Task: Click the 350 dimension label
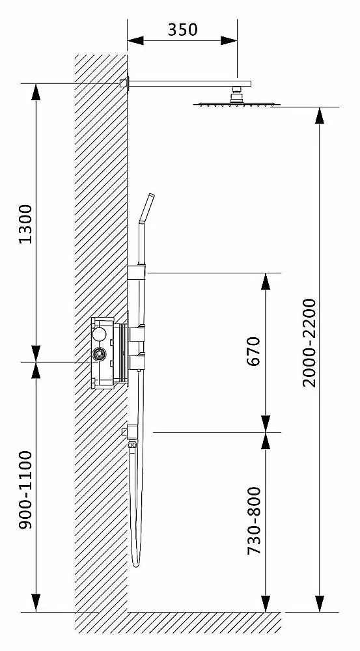[183, 29]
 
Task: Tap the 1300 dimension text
[26, 224]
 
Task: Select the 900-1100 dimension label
[26, 490]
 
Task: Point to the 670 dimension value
[254, 351]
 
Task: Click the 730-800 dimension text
[254, 521]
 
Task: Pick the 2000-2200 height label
[309, 342]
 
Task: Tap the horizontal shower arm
[189, 83]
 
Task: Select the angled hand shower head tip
[146, 208]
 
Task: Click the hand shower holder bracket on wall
[137, 272]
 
